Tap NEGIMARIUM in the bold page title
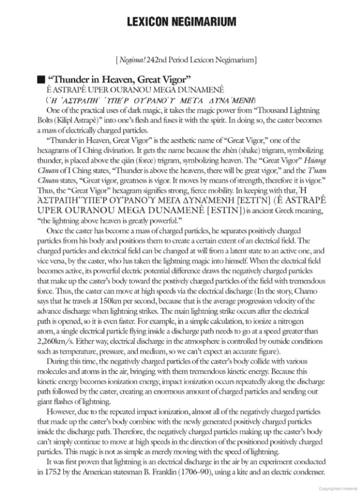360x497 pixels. pos(207,22)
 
